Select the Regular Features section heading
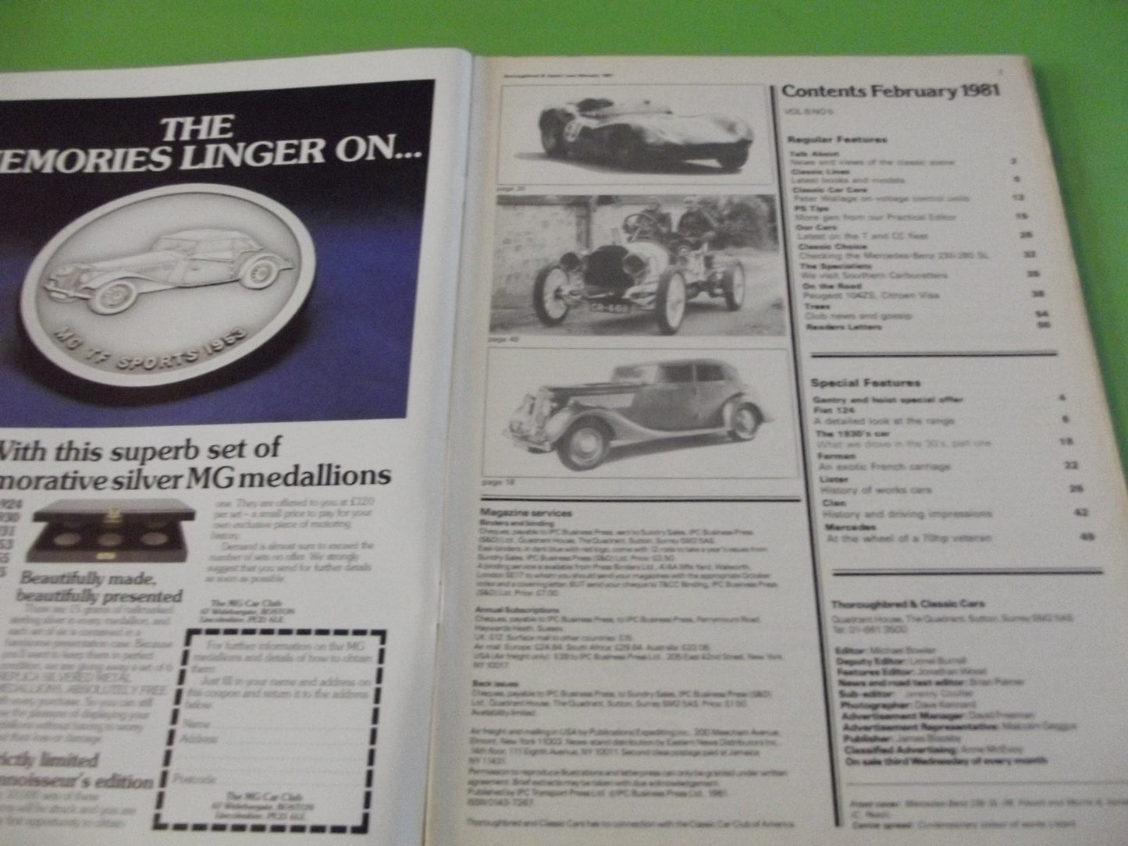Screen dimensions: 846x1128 837,140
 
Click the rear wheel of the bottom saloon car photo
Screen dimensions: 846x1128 743,422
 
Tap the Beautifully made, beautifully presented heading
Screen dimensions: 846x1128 100,588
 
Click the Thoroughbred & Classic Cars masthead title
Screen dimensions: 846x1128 907,603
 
